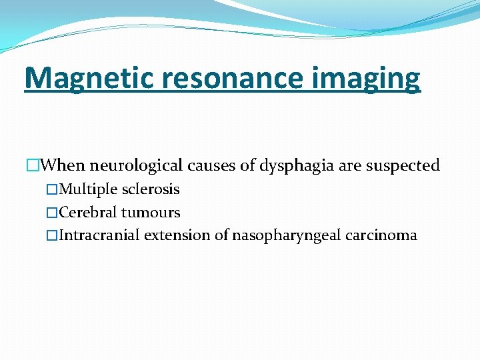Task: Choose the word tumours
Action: point(151,213)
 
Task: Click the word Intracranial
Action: point(99,235)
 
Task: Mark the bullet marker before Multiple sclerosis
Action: point(53,190)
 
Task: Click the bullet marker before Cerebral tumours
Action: point(53,213)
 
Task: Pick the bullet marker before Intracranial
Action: point(53,235)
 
